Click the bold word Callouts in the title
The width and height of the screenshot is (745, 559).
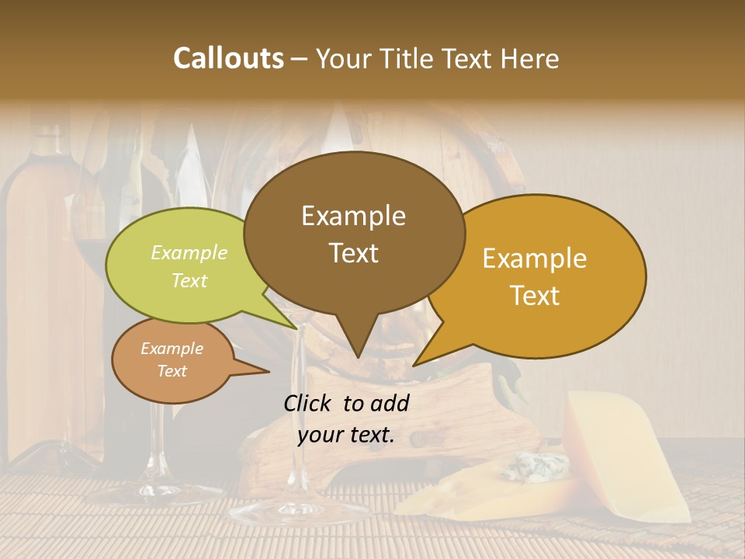point(228,58)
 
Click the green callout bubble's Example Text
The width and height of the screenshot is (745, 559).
point(189,266)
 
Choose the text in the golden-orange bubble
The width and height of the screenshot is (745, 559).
point(535,276)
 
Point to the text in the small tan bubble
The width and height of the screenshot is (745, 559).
point(172,359)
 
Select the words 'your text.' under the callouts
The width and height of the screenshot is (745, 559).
point(346,436)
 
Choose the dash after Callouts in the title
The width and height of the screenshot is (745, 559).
point(300,58)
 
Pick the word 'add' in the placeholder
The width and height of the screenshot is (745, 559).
point(390,403)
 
